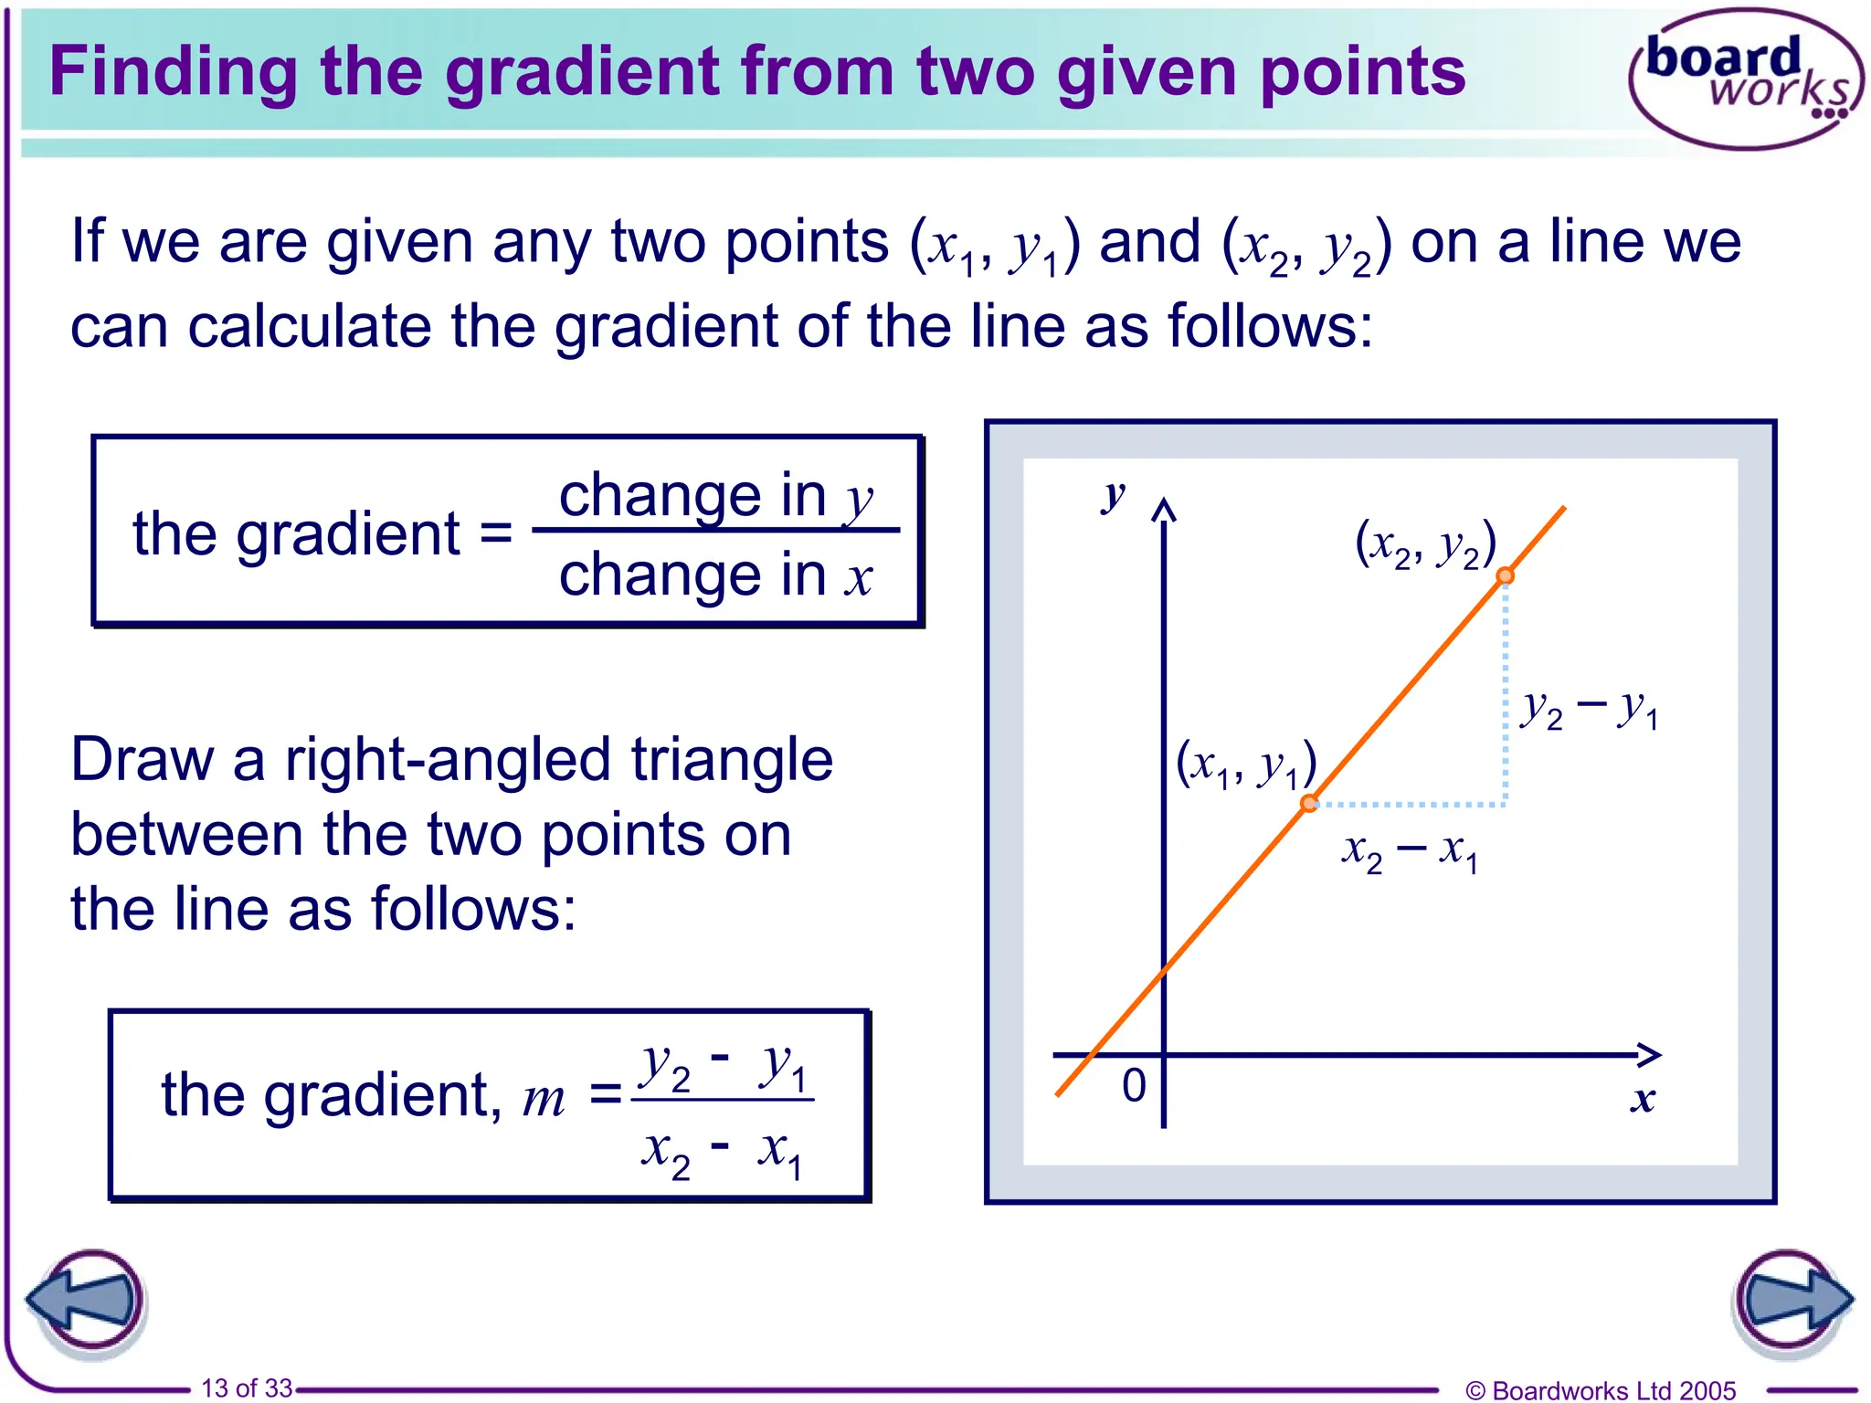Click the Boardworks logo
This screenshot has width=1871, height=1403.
[1745, 79]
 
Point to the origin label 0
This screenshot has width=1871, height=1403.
[1134, 1086]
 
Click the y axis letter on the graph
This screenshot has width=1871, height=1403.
[1113, 495]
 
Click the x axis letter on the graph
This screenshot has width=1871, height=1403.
[1643, 1099]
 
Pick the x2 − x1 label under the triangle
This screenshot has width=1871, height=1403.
[1410, 852]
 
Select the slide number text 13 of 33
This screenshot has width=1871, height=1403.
[247, 1388]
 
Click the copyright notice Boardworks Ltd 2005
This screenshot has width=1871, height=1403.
[1600, 1390]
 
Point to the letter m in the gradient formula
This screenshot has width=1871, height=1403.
[544, 1098]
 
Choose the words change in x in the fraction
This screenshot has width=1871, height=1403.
[716, 575]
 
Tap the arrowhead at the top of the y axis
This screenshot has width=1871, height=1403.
[1163, 509]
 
